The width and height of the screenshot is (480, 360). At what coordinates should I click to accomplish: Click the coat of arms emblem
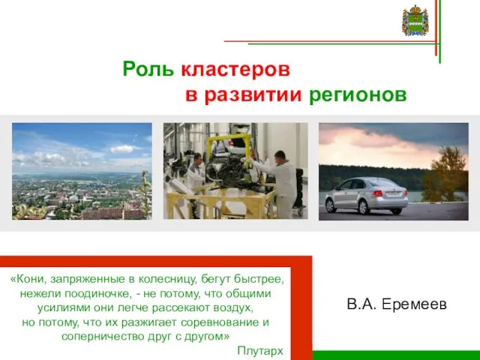415,20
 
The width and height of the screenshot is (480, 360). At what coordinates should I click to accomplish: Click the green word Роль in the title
148,69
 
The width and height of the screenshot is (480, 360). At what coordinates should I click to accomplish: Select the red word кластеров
235,70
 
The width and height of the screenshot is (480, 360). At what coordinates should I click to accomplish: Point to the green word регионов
358,96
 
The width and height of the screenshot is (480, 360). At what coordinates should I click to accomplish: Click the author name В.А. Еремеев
397,304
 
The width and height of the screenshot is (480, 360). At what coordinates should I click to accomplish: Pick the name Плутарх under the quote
260,351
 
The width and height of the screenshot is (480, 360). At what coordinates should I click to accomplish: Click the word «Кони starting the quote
28,279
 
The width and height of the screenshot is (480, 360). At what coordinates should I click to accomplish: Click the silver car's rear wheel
363,207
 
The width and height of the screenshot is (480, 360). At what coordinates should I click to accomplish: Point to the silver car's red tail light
377,193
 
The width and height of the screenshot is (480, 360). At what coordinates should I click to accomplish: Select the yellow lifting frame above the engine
229,146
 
